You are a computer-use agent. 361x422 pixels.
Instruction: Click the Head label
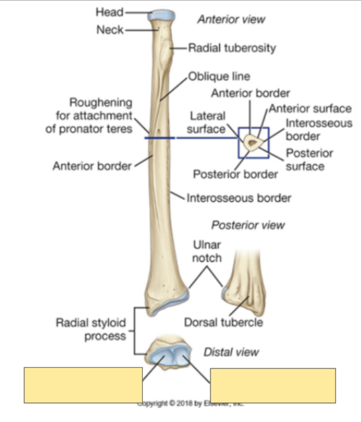109,12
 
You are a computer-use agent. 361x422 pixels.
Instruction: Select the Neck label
110,30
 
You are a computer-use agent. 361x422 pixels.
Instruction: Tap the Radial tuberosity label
232,48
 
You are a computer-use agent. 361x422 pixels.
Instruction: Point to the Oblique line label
219,76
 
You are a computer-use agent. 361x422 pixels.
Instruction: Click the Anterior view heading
231,19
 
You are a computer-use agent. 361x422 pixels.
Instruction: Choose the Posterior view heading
248,225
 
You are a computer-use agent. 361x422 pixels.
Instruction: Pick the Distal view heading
231,352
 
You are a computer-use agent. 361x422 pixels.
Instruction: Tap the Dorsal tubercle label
223,322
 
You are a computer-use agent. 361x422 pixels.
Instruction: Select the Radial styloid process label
90,329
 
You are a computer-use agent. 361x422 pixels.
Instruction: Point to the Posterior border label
235,174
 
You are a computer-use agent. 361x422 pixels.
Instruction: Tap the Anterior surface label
311,108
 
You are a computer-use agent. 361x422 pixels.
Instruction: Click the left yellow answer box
83,385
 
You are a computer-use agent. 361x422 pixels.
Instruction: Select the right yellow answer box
273,385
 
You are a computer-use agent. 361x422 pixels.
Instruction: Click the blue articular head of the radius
161,16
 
